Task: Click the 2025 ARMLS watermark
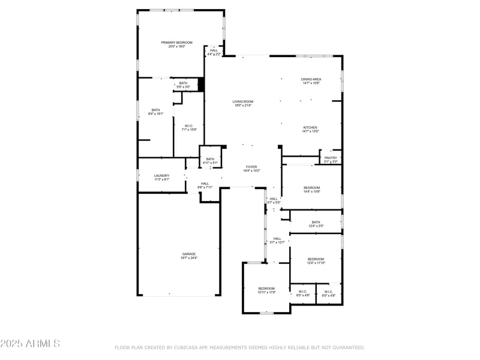tap(30, 344)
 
